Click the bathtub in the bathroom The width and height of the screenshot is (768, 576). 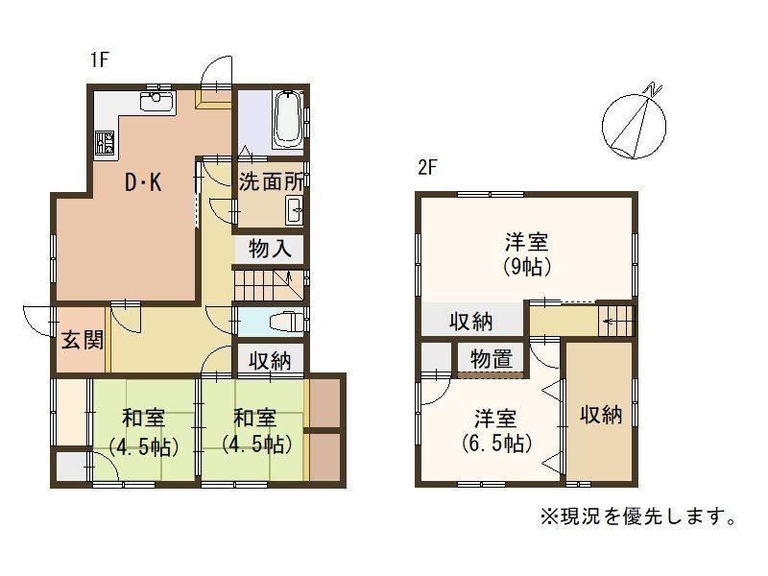click(x=286, y=119)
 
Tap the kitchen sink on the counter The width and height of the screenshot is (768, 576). click(x=157, y=102)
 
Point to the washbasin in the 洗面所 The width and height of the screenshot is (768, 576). click(x=294, y=210)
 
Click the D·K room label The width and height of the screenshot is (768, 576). click(x=143, y=182)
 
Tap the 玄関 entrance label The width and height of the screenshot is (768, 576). click(x=83, y=340)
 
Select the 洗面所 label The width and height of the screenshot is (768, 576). click(x=271, y=182)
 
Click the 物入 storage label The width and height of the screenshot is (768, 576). click(x=270, y=249)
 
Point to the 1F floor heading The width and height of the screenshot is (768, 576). click(x=99, y=60)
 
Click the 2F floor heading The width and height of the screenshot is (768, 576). click(x=426, y=168)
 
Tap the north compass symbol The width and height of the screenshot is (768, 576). click(x=635, y=123)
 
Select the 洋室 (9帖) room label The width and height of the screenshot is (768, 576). click(x=527, y=254)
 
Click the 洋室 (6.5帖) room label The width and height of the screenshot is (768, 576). click(x=496, y=431)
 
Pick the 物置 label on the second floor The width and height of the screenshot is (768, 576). click(x=492, y=359)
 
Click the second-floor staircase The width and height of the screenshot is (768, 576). click(x=616, y=321)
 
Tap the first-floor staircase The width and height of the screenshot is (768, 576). click(x=269, y=284)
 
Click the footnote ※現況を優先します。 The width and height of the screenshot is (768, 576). click(x=637, y=516)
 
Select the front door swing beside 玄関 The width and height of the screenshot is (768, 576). click(x=37, y=321)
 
